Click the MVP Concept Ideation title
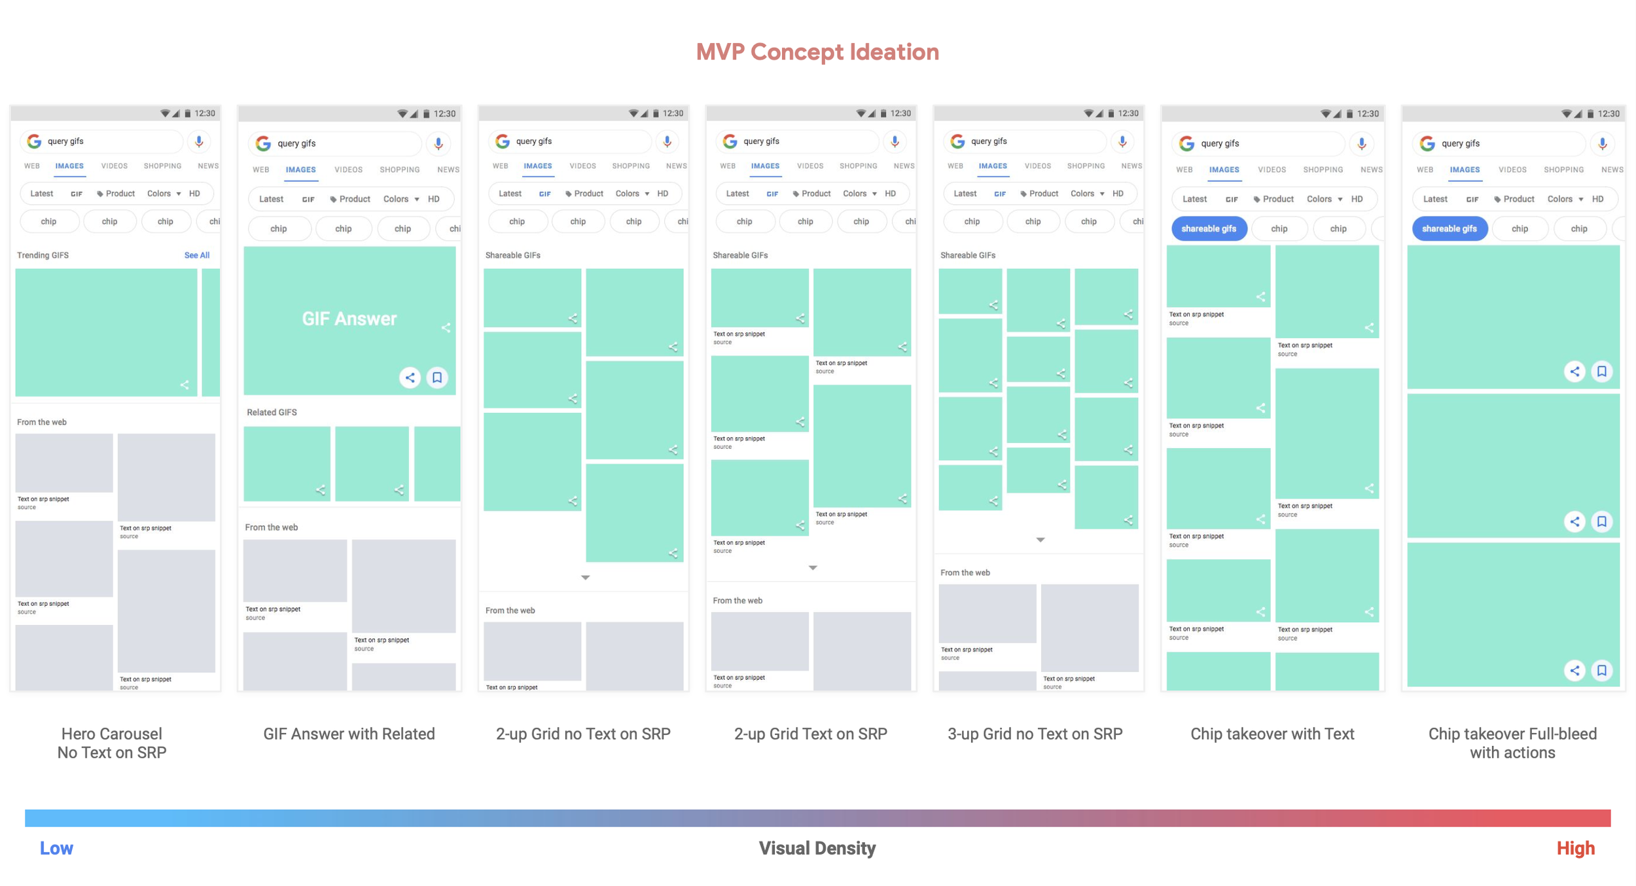(817, 52)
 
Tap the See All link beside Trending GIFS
(196, 255)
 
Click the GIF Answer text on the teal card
(349, 319)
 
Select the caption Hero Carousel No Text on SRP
(112, 743)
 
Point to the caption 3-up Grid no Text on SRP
(1035, 734)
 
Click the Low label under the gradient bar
(56, 848)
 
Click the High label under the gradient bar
(1575, 848)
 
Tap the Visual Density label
(817, 848)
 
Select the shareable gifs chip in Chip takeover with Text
(1208, 228)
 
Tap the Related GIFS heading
(272, 412)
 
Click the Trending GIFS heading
(43, 255)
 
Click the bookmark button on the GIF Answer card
(437, 378)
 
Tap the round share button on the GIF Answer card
(410, 378)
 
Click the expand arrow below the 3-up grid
(1040, 540)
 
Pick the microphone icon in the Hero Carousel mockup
(199, 141)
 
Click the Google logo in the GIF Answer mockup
(263, 143)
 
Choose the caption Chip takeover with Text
(1271, 734)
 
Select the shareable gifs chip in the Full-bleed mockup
(1449, 228)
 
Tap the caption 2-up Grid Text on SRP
(810, 734)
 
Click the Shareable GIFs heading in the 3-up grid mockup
(967, 255)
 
